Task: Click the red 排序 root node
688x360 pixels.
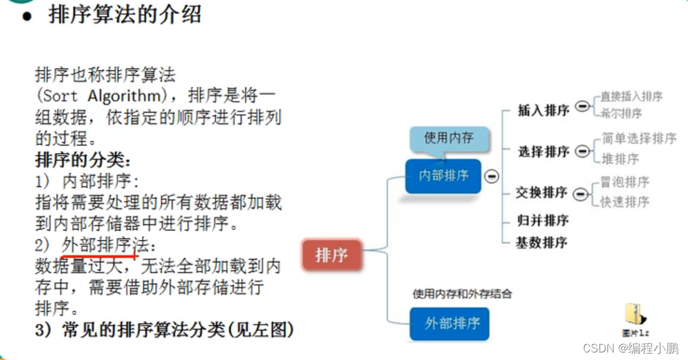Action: (x=332, y=256)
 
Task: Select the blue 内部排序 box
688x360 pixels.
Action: (x=444, y=176)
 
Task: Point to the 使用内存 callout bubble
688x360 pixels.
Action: (x=448, y=138)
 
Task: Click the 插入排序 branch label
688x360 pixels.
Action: (x=543, y=111)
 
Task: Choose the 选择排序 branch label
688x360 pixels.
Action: (x=543, y=152)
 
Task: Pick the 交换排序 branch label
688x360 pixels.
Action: (x=541, y=193)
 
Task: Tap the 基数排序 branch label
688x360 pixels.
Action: (x=541, y=242)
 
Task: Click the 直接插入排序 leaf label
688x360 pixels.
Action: (x=631, y=97)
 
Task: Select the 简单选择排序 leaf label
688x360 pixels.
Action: (x=638, y=138)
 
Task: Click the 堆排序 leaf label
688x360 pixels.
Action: (x=620, y=159)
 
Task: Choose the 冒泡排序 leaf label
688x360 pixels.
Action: (x=624, y=182)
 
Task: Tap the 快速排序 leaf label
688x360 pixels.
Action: (x=624, y=202)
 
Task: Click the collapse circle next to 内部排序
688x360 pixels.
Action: (x=492, y=177)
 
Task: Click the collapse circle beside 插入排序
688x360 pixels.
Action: (x=582, y=107)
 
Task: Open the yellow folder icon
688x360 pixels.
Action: (x=633, y=315)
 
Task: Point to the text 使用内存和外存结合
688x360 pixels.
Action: (x=463, y=293)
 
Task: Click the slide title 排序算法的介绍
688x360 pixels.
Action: (x=125, y=14)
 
